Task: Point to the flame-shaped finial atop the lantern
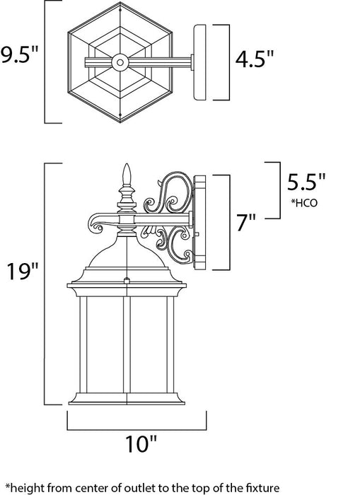point(128,174)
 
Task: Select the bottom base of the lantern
point(128,400)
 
